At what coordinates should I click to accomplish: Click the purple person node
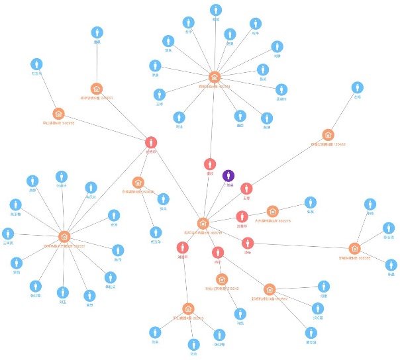(x=228, y=176)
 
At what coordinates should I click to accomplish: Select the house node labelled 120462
(x=328, y=134)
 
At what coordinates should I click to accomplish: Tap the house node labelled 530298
(x=58, y=114)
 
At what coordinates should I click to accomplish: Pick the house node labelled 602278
(x=272, y=211)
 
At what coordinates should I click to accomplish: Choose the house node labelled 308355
(x=354, y=248)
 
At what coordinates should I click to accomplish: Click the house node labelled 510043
(x=222, y=279)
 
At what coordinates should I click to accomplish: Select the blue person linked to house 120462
(x=357, y=87)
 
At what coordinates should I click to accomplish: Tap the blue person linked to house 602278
(x=310, y=202)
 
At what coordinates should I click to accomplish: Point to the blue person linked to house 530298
(x=36, y=64)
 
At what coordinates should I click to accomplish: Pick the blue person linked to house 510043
(x=240, y=313)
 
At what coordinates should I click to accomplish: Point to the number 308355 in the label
(x=364, y=258)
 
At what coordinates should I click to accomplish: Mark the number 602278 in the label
(x=283, y=221)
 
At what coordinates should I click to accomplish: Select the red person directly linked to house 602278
(x=242, y=216)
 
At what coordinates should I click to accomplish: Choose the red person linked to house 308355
(x=248, y=243)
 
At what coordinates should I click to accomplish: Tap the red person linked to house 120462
(x=246, y=189)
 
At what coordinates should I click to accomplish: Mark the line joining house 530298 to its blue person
(x=47, y=89)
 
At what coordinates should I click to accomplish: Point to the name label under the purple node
(x=228, y=186)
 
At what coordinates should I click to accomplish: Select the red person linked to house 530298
(x=151, y=142)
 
